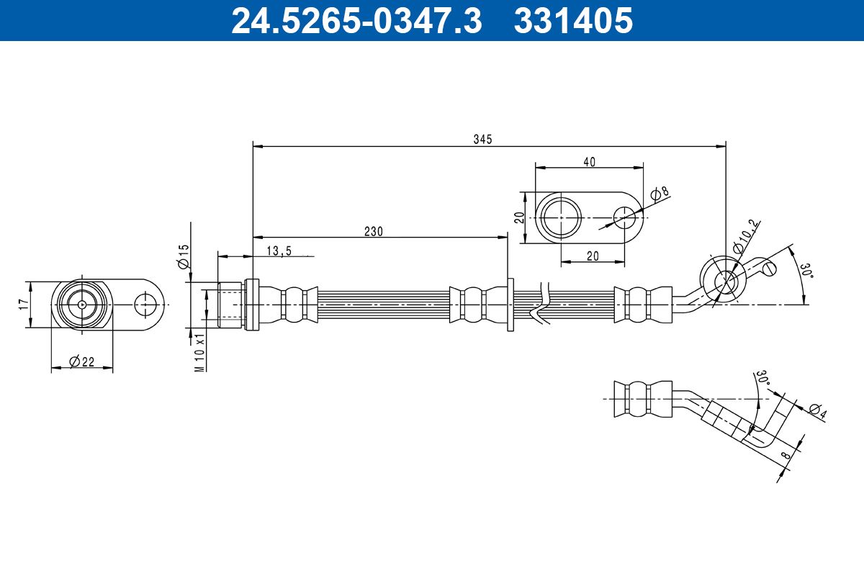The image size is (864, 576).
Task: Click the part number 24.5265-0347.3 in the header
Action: pyautogui.click(x=357, y=20)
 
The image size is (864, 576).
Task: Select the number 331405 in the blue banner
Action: pyautogui.click(x=573, y=20)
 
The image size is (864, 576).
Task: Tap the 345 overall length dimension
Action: pyautogui.click(x=483, y=139)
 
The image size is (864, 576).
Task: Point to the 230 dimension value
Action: pyautogui.click(x=374, y=232)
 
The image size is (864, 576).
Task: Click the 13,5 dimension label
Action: pyautogui.click(x=279, y=251)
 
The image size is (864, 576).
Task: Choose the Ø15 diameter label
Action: pyautogui.click(x=184, y=256)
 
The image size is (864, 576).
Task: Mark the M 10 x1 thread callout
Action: pyautogui.click(x=199, y=352)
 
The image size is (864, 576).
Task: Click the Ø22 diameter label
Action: pyautogui.click(x=82, y=361)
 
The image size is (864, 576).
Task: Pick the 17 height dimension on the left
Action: pyautogui.click(x=24, y=304)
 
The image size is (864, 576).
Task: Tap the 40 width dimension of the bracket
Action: pyautogui.click(x=590, y=162)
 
